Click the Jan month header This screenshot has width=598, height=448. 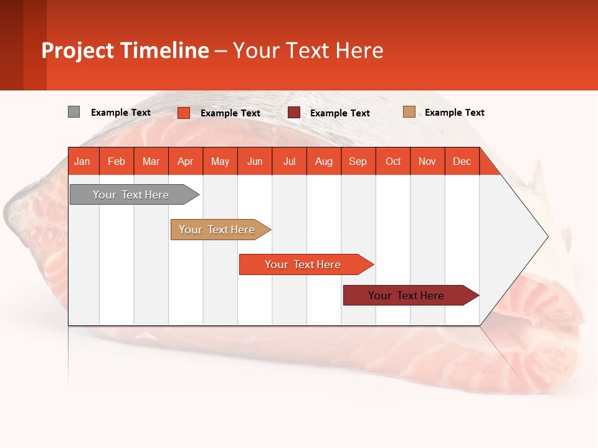coord(83,161)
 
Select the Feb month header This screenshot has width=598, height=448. coord(116,161)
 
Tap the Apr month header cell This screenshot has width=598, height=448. coord(186,161)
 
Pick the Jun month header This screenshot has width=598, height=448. coord(255,161)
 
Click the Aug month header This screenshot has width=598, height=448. coord(324,161)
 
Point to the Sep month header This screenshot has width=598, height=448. coord(358,161)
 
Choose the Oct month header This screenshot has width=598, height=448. coord(393,161)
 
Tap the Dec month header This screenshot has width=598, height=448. coord(462,161)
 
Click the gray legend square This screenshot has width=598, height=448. coord(74,112)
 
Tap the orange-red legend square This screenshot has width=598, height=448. coord(184,113)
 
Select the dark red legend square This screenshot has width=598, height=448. coord(294,113)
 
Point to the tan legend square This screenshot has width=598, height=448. coord(409,112)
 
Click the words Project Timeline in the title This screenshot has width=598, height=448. coord(125,50)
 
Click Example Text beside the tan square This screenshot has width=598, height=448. coord(454,113)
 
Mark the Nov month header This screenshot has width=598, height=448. coord(427,161)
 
